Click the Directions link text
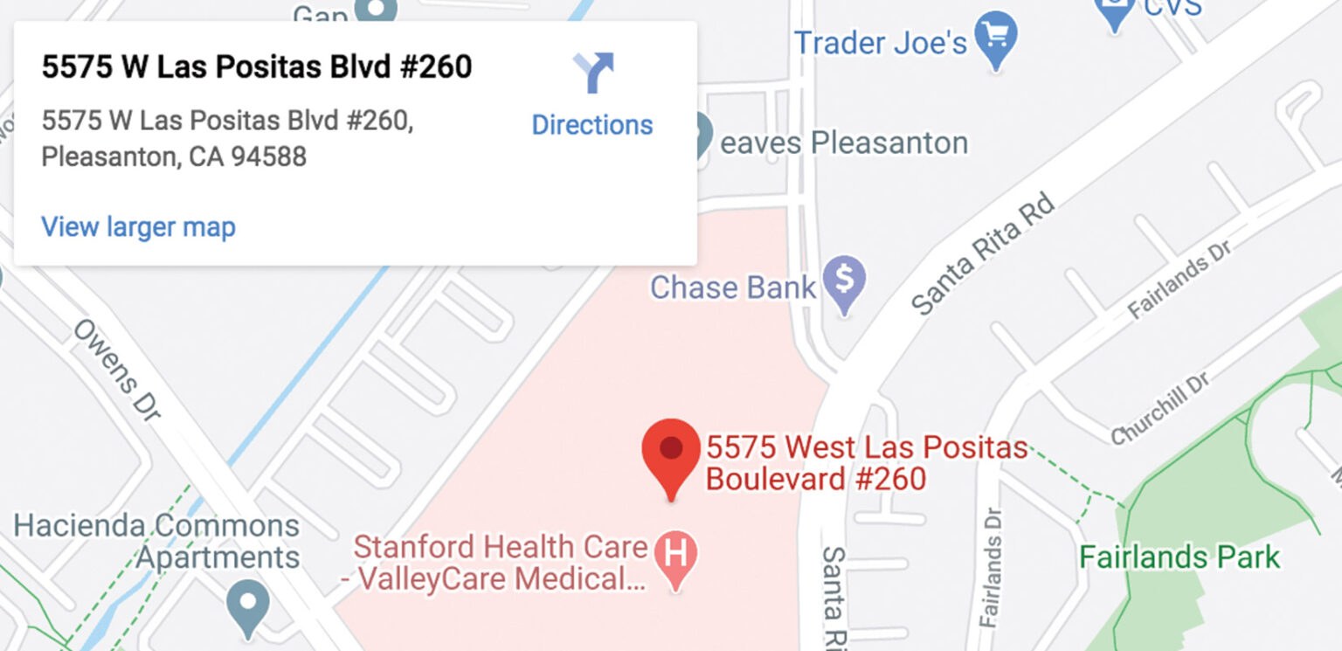[591, 125]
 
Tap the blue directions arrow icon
[594, 73]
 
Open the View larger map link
[138, 227]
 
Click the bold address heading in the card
[257, 67]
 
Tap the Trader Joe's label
[881, 42]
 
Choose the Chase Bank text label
[732, 287]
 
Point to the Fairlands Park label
[1179, 557]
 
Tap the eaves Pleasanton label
[844, 142]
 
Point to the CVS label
[1171, 10]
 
